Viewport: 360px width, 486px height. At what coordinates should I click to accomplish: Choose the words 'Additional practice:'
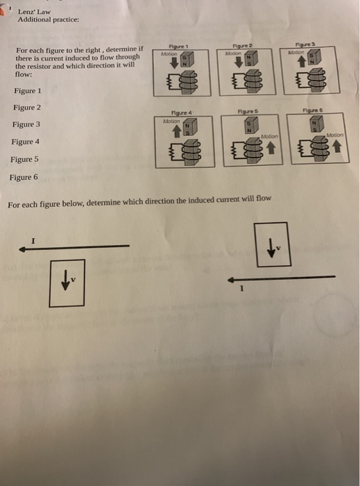click(x=49, y=19)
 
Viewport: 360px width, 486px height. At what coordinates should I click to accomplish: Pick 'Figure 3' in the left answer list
click(x=27, y=124)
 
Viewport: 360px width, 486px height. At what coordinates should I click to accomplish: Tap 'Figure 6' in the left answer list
click(x=24, y=177)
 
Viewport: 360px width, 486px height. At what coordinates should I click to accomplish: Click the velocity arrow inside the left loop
click(x=65, y=280)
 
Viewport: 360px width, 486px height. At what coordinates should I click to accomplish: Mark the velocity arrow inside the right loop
click(x=270, y=249)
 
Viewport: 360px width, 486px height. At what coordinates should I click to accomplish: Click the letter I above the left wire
click(x=32, y=240)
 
